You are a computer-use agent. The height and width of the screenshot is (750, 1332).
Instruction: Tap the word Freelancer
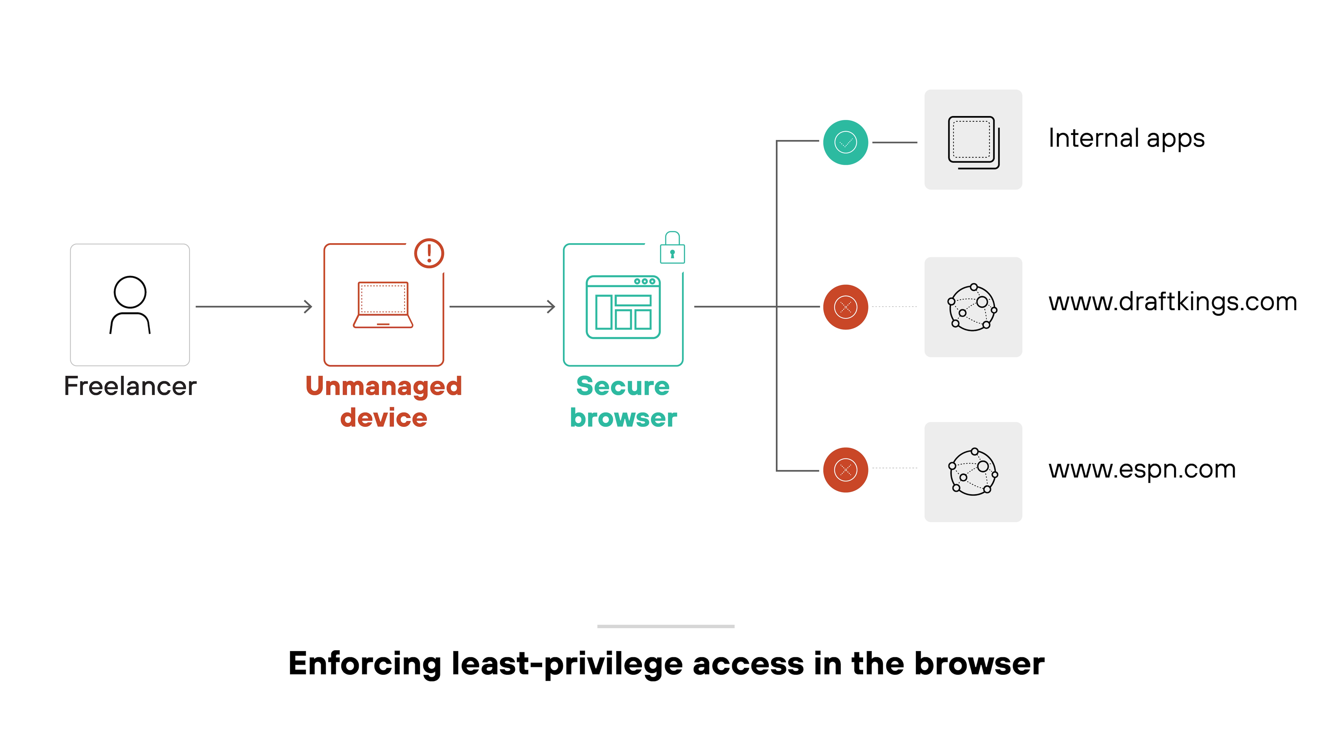130,386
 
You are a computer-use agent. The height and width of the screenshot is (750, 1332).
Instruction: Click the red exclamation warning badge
429,253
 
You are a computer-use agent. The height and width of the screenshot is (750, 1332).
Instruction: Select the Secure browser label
623,402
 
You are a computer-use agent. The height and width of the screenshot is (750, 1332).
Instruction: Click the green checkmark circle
846,142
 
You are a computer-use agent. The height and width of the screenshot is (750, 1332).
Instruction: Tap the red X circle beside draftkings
846,307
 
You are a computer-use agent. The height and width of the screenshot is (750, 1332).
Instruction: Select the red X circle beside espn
846,470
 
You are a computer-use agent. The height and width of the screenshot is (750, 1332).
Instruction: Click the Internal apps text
1126,139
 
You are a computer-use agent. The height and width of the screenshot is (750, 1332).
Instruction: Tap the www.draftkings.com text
1172,302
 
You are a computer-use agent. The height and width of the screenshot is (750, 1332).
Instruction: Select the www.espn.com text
1142,469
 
